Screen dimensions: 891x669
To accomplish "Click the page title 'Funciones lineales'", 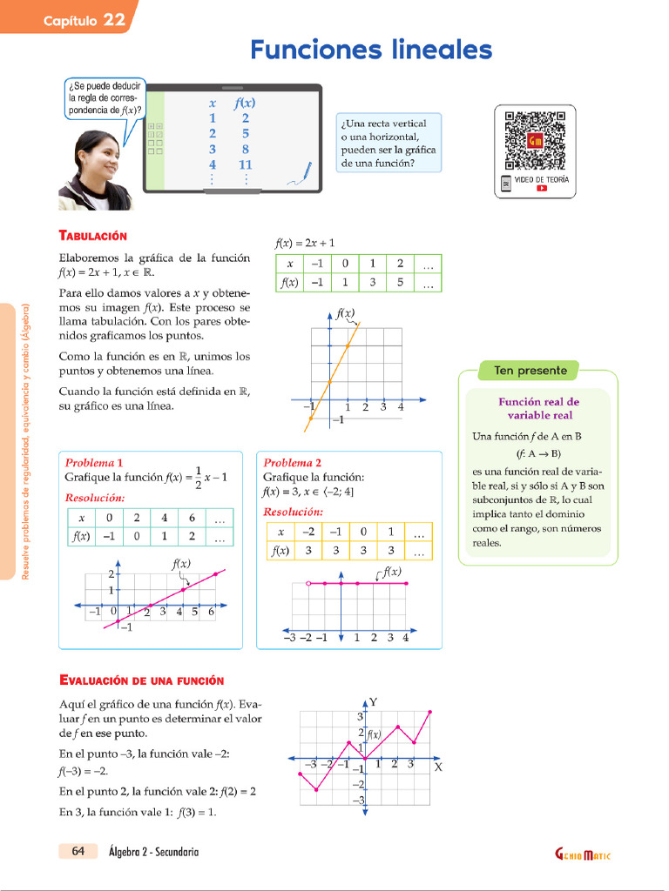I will click(x=371, y=50).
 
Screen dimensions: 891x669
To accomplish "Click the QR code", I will click(x=536, y=139).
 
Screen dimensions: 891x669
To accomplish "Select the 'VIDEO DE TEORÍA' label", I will click(x=541, y=178).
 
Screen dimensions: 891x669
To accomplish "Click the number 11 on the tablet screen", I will click(x=245, y=164).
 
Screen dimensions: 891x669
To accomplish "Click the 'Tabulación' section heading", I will click(x=92, y=236).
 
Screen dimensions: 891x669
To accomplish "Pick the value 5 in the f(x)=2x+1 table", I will click(x=399, y=283).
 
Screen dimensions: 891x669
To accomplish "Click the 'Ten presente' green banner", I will click(x=530, y=371).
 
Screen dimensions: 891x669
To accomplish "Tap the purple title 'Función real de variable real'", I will click(x=537, y=408).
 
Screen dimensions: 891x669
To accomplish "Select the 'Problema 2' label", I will click(x=292, y=463).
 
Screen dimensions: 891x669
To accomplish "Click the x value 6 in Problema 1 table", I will click(x=191, y=518).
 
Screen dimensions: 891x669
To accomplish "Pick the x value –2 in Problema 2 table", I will click(x=307, y=532).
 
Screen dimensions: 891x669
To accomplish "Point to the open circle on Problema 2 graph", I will click(x=307, y=584).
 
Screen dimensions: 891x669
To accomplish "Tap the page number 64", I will click(x=78, y=851).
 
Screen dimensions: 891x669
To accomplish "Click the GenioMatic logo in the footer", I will click(x=583, y=854).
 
